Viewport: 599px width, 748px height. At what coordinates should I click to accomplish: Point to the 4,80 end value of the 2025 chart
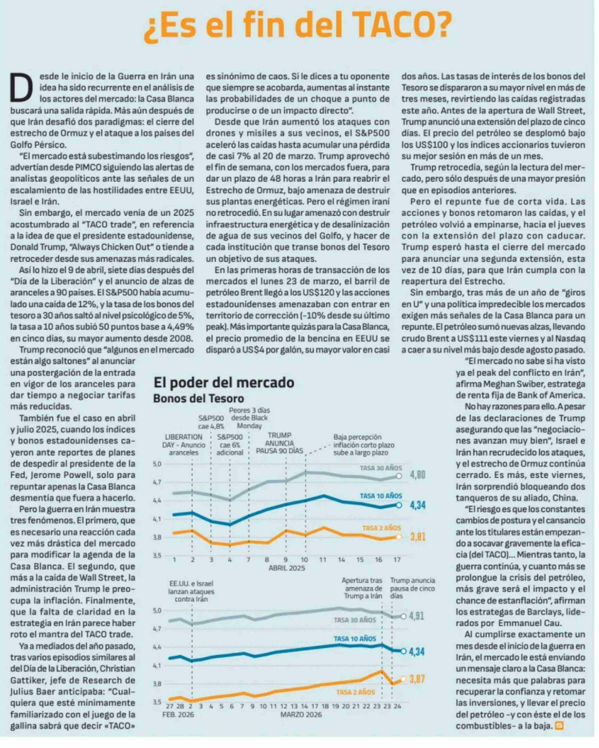pyautogui.click(x=418, y=475)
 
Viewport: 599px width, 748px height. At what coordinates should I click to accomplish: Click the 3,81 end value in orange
pyautogui.click(x=418, y=537)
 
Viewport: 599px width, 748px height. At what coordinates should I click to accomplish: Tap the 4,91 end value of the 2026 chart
pyautogui.click(x=416, y=616)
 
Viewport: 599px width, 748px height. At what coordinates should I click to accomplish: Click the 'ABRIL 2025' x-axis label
pyautogui.click(x=287, y=568)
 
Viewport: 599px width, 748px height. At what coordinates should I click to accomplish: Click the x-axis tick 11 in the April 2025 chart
pyautogui.click(x=322, y=560)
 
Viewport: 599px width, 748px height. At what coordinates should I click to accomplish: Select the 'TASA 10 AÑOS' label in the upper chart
pyautogui.click(x=380, y=496)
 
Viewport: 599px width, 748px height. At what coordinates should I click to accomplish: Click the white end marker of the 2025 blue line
pyautogui.click(x=399, y=505)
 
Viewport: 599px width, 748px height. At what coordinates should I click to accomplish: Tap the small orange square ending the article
pyautogui.click(x=559, y=725)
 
